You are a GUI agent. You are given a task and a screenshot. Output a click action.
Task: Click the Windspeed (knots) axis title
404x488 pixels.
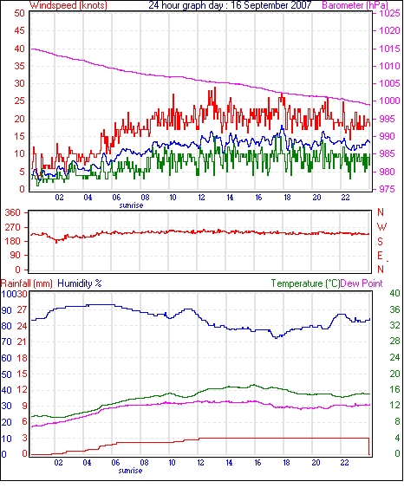click(68, 5)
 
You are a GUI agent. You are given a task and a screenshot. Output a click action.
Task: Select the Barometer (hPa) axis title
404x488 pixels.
click(355, 5)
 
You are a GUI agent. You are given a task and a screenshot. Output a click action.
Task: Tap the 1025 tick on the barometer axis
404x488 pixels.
click(389, 13)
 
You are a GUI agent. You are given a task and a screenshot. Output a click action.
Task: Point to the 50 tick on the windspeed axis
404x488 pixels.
click(19, 13)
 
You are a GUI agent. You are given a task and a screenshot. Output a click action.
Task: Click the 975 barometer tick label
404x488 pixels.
click(387, 189)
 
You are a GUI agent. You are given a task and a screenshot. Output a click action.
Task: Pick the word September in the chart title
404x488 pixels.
click(266, 5)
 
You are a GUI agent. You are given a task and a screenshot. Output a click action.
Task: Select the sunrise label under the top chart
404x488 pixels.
click(131, 205)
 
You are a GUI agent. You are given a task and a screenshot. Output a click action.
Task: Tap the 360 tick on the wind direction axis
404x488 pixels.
click(13, 213)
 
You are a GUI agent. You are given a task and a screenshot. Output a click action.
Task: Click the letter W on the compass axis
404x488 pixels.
click(381, 226)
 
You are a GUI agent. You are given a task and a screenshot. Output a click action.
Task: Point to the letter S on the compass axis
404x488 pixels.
click(380, 241)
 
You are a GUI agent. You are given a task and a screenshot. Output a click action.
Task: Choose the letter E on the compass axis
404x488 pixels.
click(380, 256)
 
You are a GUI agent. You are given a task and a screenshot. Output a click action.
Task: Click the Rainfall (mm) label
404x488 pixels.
click(26, 283)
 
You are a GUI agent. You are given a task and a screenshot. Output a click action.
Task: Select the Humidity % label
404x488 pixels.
click(80, 283)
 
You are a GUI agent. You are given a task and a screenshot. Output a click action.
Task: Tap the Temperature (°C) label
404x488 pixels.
click(305, 283)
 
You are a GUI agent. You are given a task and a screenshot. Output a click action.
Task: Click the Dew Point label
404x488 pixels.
click(362, 283)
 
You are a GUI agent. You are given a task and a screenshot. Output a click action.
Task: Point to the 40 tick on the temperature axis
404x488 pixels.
click(394, 293)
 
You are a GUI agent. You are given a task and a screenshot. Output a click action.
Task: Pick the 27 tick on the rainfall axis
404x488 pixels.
click(22, 310)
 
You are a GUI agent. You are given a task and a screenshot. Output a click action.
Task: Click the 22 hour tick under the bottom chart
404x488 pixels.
click(344, 462)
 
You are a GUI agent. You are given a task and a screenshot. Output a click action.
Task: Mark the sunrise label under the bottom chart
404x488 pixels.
click(130, 471)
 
